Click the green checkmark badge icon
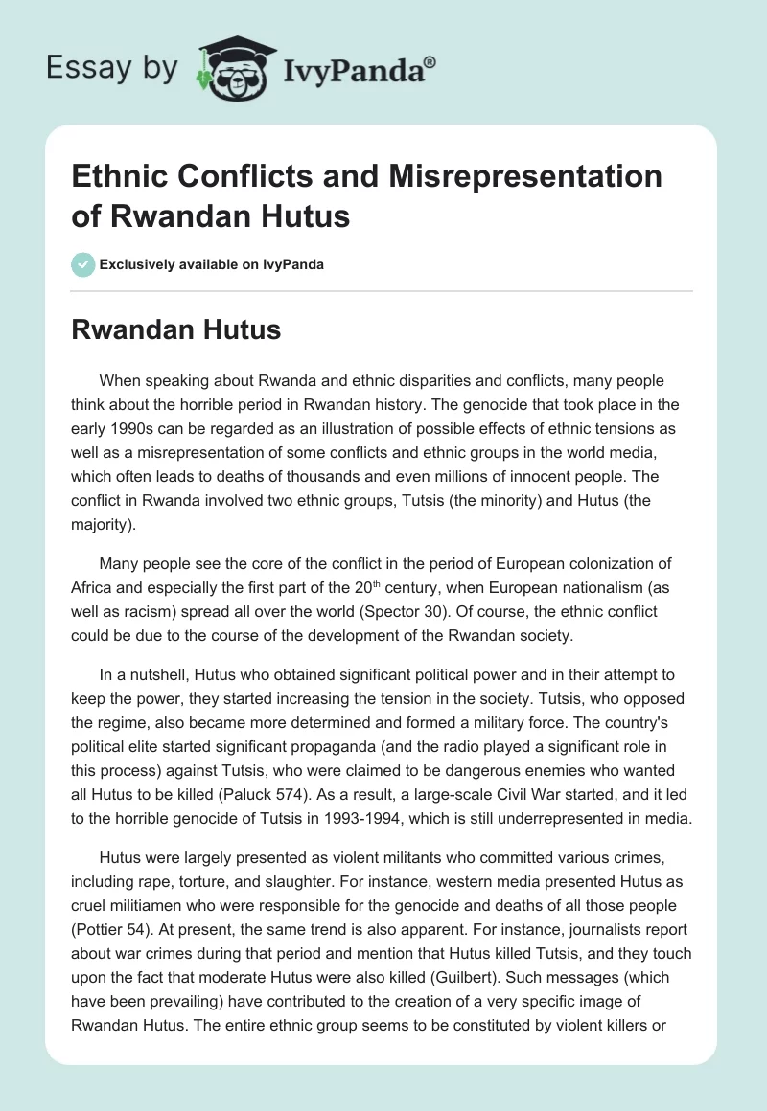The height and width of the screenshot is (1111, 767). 83,265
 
